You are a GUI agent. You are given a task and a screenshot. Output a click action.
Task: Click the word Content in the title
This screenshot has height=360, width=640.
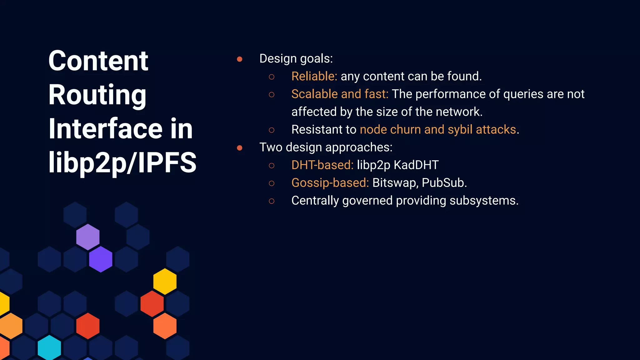pos(98,61)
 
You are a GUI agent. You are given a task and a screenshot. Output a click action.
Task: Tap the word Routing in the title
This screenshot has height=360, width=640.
pos(97,95)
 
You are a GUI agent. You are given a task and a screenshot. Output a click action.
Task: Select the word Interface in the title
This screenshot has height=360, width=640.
pos(105,129)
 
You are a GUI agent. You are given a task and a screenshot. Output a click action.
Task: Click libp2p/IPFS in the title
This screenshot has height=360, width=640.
pos(122,162)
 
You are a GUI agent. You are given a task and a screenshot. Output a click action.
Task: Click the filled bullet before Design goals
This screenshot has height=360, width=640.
pos(240,59)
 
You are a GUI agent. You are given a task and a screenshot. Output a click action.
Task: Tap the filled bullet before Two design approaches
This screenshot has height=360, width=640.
pos(240,148)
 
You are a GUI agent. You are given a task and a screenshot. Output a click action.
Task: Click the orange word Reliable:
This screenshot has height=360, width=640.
pos(314,77)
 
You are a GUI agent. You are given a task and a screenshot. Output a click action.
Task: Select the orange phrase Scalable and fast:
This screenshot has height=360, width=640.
pos(340,94)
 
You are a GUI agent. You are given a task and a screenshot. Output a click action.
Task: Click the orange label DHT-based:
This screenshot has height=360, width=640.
pos(322,165)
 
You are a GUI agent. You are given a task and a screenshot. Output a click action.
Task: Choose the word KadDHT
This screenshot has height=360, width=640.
pos(416,165)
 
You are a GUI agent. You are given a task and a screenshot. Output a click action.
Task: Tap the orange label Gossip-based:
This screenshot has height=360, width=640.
pos(330,183)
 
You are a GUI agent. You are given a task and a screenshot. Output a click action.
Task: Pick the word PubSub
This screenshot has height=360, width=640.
pos(443,183)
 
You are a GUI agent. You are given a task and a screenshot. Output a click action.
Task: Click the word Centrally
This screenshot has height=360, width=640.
pos(315,201)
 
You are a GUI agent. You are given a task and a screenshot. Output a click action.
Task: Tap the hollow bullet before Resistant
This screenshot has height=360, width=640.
pos(272,130)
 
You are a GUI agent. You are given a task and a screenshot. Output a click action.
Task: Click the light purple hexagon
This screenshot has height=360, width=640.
pos(88,237)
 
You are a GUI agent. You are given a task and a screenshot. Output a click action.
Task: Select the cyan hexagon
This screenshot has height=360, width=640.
pos(49,347)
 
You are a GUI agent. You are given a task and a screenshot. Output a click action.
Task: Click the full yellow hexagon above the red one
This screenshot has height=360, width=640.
pos(165,281)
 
